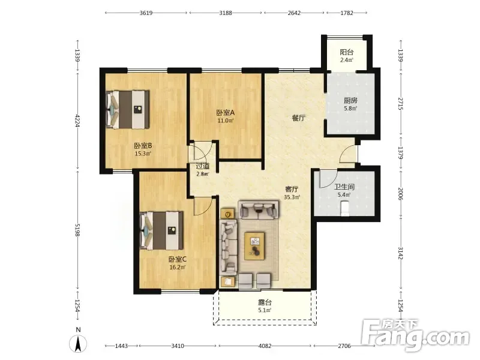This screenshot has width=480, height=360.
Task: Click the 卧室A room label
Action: coord(226,113)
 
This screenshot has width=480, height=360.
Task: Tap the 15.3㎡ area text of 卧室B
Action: coord(143,154)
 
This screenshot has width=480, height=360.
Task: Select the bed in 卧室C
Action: coord(161,230)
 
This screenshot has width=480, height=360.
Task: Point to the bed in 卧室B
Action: coord(128,109)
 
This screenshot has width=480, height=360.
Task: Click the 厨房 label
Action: coord(350,100)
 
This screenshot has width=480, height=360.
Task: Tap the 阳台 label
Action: coord(347,52)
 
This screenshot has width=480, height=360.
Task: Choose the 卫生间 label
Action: coord(344,187)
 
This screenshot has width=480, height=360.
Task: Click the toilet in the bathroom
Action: coord(345,208)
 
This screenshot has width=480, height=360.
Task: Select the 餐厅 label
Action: coord(298,118)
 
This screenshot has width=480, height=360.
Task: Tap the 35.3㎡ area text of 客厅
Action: coord(292,197)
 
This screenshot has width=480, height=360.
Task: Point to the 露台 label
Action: coord(265,302)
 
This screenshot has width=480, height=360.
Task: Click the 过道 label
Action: coord(203,166)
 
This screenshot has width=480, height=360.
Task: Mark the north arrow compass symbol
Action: coord(78,343)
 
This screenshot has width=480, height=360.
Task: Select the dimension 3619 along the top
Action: coord(146,13)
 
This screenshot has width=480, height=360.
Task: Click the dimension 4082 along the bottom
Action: coord(265,346)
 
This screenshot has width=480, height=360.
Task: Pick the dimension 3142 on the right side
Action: coord(401,253)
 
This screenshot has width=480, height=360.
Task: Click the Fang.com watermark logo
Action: coord(415,335)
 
